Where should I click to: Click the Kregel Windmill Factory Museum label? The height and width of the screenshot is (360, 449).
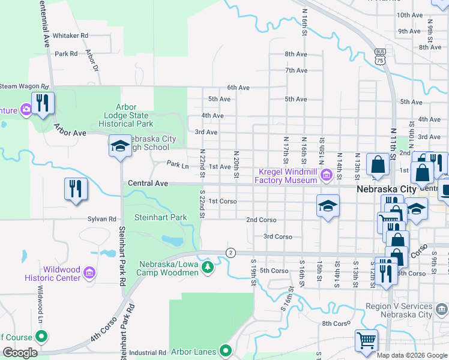[x=286, y=176]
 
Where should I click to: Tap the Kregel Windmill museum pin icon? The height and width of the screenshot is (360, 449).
[x=326, y=175]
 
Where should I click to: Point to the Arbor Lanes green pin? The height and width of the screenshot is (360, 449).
[x=226, y=350]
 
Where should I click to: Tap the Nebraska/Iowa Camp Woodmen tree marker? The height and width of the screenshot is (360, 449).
[x=208, y=266]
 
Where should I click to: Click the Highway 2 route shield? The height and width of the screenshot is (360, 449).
[x=230, y=252]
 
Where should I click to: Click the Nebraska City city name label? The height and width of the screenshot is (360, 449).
[x=387, y=189]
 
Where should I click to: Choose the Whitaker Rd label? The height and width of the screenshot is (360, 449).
[x=70, y=36]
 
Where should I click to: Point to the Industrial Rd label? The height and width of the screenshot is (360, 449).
[x=146, y=353]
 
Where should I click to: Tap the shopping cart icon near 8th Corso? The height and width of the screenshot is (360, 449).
[x=366, y=340]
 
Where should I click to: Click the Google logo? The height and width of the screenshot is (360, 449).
[x=20, y=353]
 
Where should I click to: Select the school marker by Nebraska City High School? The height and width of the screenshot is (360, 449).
[x=120, y=146]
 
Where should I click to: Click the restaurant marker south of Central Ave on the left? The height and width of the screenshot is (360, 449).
[x=76, y=188]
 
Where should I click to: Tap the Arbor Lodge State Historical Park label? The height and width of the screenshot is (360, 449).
[x=126, y=115]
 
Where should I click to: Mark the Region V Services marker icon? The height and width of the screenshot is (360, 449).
[x=442, y=310]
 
